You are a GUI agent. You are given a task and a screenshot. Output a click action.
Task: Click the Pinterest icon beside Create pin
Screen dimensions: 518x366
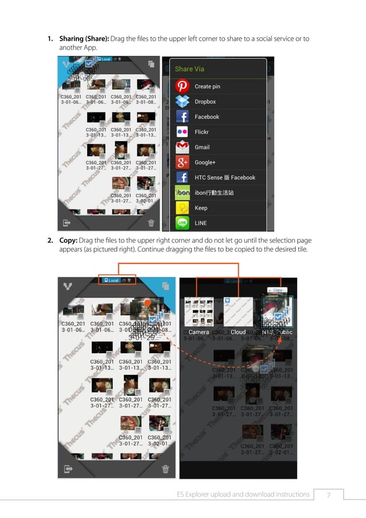[182, 87]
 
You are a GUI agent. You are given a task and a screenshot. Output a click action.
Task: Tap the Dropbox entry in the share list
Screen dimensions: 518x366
[205, 102]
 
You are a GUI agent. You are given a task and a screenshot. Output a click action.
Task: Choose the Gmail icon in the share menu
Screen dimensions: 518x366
[182, 147]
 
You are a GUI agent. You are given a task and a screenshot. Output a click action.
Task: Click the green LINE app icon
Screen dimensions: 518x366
[182, 223]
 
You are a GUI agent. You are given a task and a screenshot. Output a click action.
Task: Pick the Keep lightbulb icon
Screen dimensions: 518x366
[182, 208]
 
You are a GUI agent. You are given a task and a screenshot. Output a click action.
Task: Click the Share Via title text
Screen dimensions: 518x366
[189, 69]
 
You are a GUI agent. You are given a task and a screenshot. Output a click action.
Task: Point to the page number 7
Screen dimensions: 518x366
[329, 494]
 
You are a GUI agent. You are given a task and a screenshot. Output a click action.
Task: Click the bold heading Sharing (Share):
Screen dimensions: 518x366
[84, 39]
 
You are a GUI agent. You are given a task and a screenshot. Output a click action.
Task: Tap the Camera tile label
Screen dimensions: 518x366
[198, 333]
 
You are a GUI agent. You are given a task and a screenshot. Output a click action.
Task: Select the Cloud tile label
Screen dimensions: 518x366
[238, 333]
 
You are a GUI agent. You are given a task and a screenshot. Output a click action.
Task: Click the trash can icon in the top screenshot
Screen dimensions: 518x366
[151, 223]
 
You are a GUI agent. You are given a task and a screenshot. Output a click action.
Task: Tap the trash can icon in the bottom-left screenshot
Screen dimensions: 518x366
[165, 469]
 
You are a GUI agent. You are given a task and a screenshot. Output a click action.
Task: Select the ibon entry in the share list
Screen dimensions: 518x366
[215, 193]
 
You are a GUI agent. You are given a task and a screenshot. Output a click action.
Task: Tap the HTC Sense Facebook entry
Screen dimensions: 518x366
[224, 177]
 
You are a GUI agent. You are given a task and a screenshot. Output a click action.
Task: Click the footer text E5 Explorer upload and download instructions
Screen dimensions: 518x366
[243, 494]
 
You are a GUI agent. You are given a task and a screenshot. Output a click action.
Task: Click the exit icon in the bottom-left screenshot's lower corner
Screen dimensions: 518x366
[68, 469]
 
